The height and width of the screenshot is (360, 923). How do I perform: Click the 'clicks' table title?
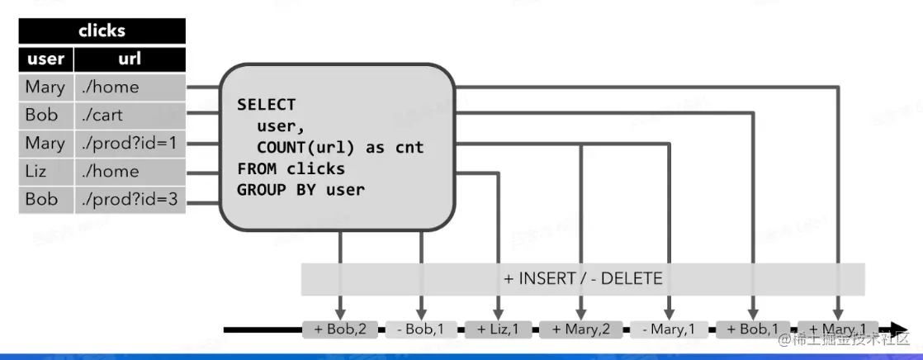(x=102, y=31)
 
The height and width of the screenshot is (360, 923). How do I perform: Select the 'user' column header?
(x=45, y=59)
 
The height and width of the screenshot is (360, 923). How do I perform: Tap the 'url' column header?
(x=130, y=59)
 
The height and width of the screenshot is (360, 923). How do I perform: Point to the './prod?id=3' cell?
(x=129, y=200)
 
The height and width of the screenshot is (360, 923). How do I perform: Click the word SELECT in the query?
(x=266, y=105)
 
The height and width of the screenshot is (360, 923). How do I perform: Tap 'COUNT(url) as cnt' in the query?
(x=339, y=148)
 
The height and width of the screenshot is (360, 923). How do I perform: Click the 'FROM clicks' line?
(x=291, y=168)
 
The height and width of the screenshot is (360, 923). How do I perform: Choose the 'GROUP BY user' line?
(x=301, y=190)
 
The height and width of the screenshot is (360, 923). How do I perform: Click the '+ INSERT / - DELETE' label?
(x=583, y=278)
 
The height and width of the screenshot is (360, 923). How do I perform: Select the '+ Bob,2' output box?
(x=340, y=329)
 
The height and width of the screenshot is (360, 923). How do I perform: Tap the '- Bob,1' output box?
(x=421, y=329)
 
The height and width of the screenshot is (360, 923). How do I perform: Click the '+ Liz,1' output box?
(x=498, y=329)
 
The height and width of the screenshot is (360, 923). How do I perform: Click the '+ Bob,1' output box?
(x=752, y=329)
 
